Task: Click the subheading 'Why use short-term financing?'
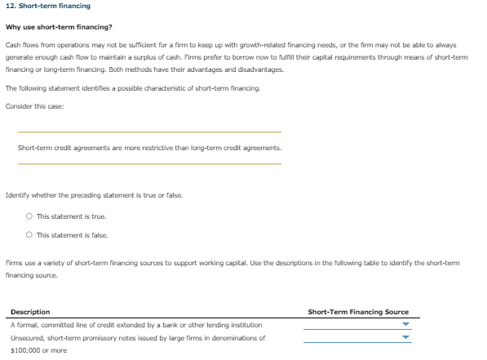coord(59,27)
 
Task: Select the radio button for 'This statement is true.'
coord(29,216)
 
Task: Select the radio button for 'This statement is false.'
coord(29,235)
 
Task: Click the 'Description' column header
coord(30,312)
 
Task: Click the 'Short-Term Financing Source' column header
coord(358,312)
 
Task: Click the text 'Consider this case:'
coord(34,106)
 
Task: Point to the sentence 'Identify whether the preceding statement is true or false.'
coord(94,195)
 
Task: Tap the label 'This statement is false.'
coord(73,235)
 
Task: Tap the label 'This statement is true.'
coord(72,216)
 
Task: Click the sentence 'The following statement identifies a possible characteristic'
coord(110,88)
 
